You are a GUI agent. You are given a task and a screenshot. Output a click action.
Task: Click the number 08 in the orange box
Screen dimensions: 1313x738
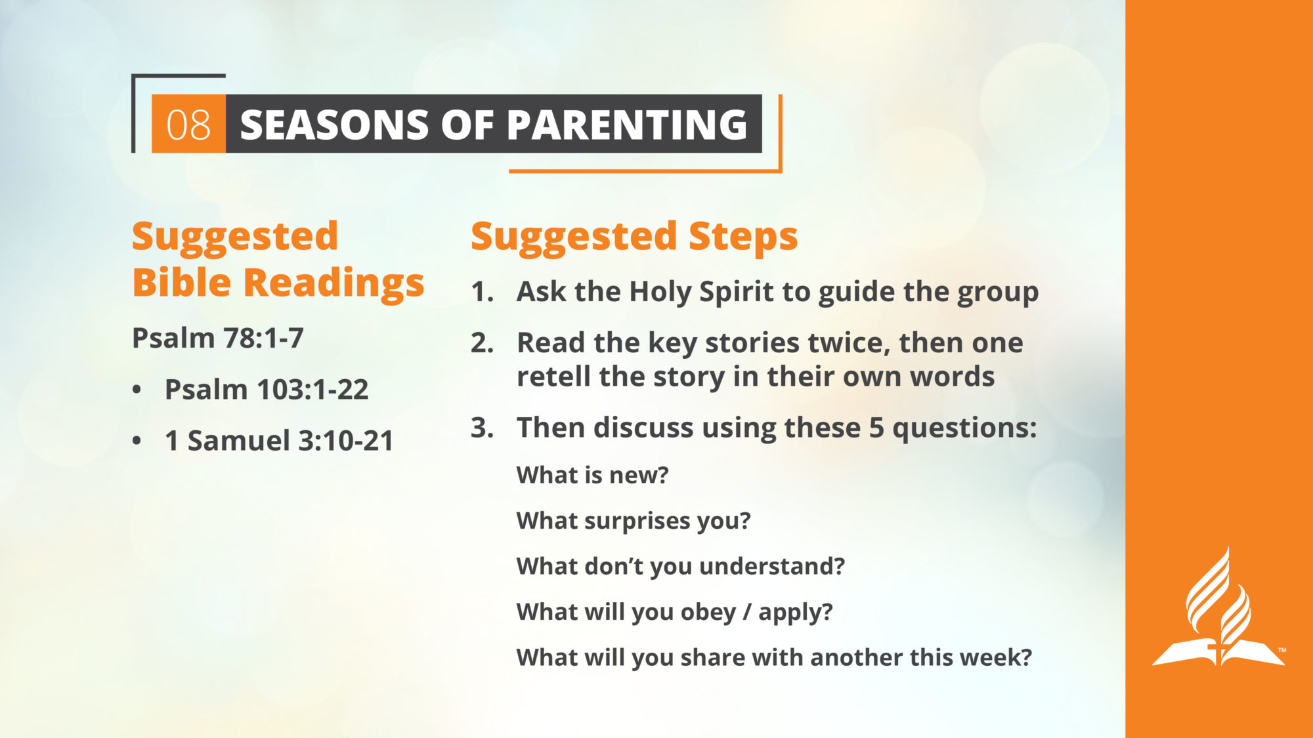pyautogui.click(x=188, y=125)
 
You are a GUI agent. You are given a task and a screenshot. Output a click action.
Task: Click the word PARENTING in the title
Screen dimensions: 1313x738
pyautogui.click(x=627, y=124)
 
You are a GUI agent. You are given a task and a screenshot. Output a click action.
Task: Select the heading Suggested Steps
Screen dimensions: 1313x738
pyautogui.click(x=634, y=237)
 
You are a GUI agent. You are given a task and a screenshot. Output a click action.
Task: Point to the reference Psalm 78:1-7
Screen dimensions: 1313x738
pyautogui.click(x=218, y=338)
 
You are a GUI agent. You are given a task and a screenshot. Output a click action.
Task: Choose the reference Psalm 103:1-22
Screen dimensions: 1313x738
pyautogui.click(x=267, y=390)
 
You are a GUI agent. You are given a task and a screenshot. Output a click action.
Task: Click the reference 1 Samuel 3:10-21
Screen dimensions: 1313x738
pyautogui.click(x=279, y=441)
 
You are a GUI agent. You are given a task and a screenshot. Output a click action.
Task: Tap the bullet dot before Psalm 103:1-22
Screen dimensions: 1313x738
pyautogui.click(x=137, y=390)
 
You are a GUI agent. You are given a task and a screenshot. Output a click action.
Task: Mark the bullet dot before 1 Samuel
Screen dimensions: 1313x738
pyautogui.click(x=137, y=441)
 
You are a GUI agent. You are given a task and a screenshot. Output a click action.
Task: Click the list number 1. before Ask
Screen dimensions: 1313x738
pyautogui.click(x=482, y=292)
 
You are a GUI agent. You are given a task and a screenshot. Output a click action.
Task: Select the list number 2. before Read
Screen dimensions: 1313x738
pyautogui.click(x=482, y=343)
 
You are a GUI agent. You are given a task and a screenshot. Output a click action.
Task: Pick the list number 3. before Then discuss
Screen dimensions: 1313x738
pyautogui.click(x=482, y=428)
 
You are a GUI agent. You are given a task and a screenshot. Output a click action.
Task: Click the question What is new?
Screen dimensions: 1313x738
pyautogui.click(x=592, y=475)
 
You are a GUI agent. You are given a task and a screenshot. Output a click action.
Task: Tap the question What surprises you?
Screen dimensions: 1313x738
pyautogui.click(x=634, y=522)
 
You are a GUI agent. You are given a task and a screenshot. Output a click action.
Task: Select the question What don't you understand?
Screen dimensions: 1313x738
pyautogui.click(x=681, y=567)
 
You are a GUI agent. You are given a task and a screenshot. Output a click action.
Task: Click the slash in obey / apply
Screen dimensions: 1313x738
pyautogui.click(x=747, y=612)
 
